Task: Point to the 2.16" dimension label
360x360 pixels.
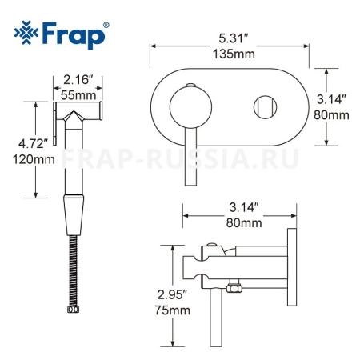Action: (x=78, y=80)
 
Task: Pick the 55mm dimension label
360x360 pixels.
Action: (x=78, y=94)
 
